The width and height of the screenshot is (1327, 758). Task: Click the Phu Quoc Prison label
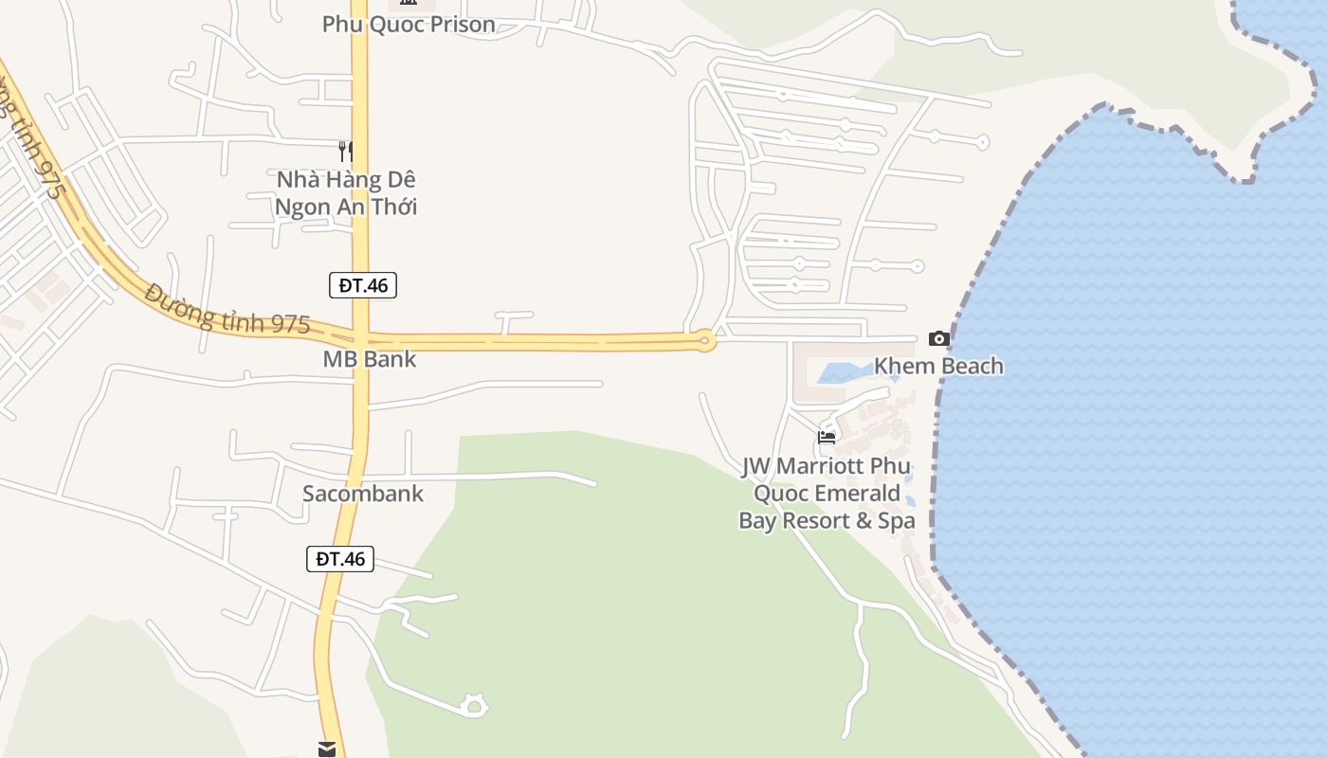coord(409,25)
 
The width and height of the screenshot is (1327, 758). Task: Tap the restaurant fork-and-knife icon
coord(346,151)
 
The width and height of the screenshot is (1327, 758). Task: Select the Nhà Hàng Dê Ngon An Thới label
coord(346,193)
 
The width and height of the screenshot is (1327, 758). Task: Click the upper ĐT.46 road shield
coord(363,285)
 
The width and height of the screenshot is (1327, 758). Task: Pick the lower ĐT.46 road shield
coord(340,559)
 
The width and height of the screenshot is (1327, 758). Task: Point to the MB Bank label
coord(370,360)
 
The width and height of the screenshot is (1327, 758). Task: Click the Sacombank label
coord(363,494)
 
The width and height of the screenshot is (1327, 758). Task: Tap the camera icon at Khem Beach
coord(939,339)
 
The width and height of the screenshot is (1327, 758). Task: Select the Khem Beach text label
coord(938,367)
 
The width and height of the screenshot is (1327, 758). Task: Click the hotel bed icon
coord(827,438)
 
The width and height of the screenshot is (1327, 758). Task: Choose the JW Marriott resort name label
coord(827,494)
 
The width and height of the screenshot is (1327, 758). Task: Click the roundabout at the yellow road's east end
coord(704,341)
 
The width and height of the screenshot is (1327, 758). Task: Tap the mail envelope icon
coord(327,749)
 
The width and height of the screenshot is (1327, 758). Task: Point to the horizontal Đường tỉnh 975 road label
coord(228,310)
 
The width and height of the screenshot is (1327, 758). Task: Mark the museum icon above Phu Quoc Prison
coord(409,3)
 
